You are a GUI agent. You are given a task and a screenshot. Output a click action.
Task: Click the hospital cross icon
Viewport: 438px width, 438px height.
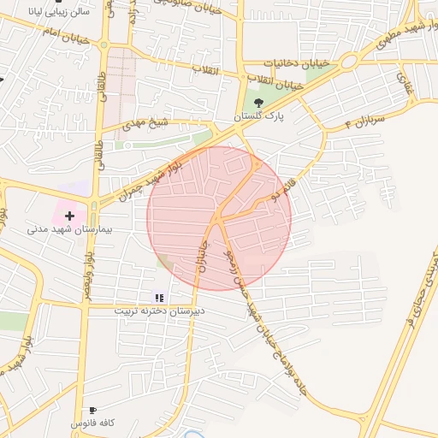tap(70, 216)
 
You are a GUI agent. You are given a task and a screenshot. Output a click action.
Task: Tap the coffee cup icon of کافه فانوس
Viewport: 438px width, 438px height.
tap(92, 411)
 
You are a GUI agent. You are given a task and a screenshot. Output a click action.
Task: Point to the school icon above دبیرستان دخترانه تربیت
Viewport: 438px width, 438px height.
tap(159, 298)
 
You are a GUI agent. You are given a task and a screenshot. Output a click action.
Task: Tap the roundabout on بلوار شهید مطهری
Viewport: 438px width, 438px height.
tap(348, 62)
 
